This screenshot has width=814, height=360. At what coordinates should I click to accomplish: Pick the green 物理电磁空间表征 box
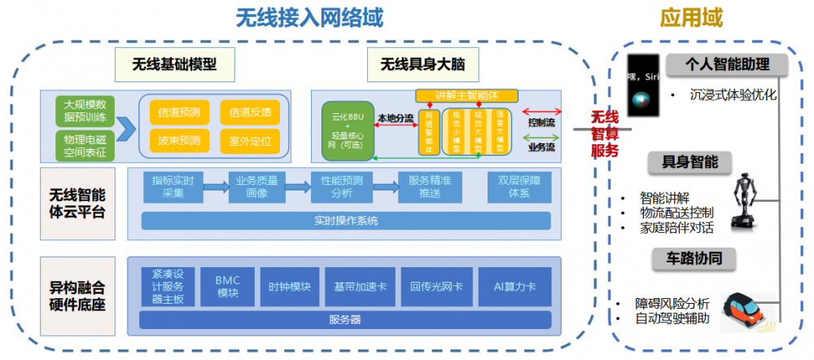(85, 145)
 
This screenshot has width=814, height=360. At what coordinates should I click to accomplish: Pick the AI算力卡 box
(514, 287)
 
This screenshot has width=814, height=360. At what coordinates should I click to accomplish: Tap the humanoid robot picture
(746, 198)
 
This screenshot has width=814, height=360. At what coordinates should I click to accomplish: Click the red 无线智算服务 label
(604, 134)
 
